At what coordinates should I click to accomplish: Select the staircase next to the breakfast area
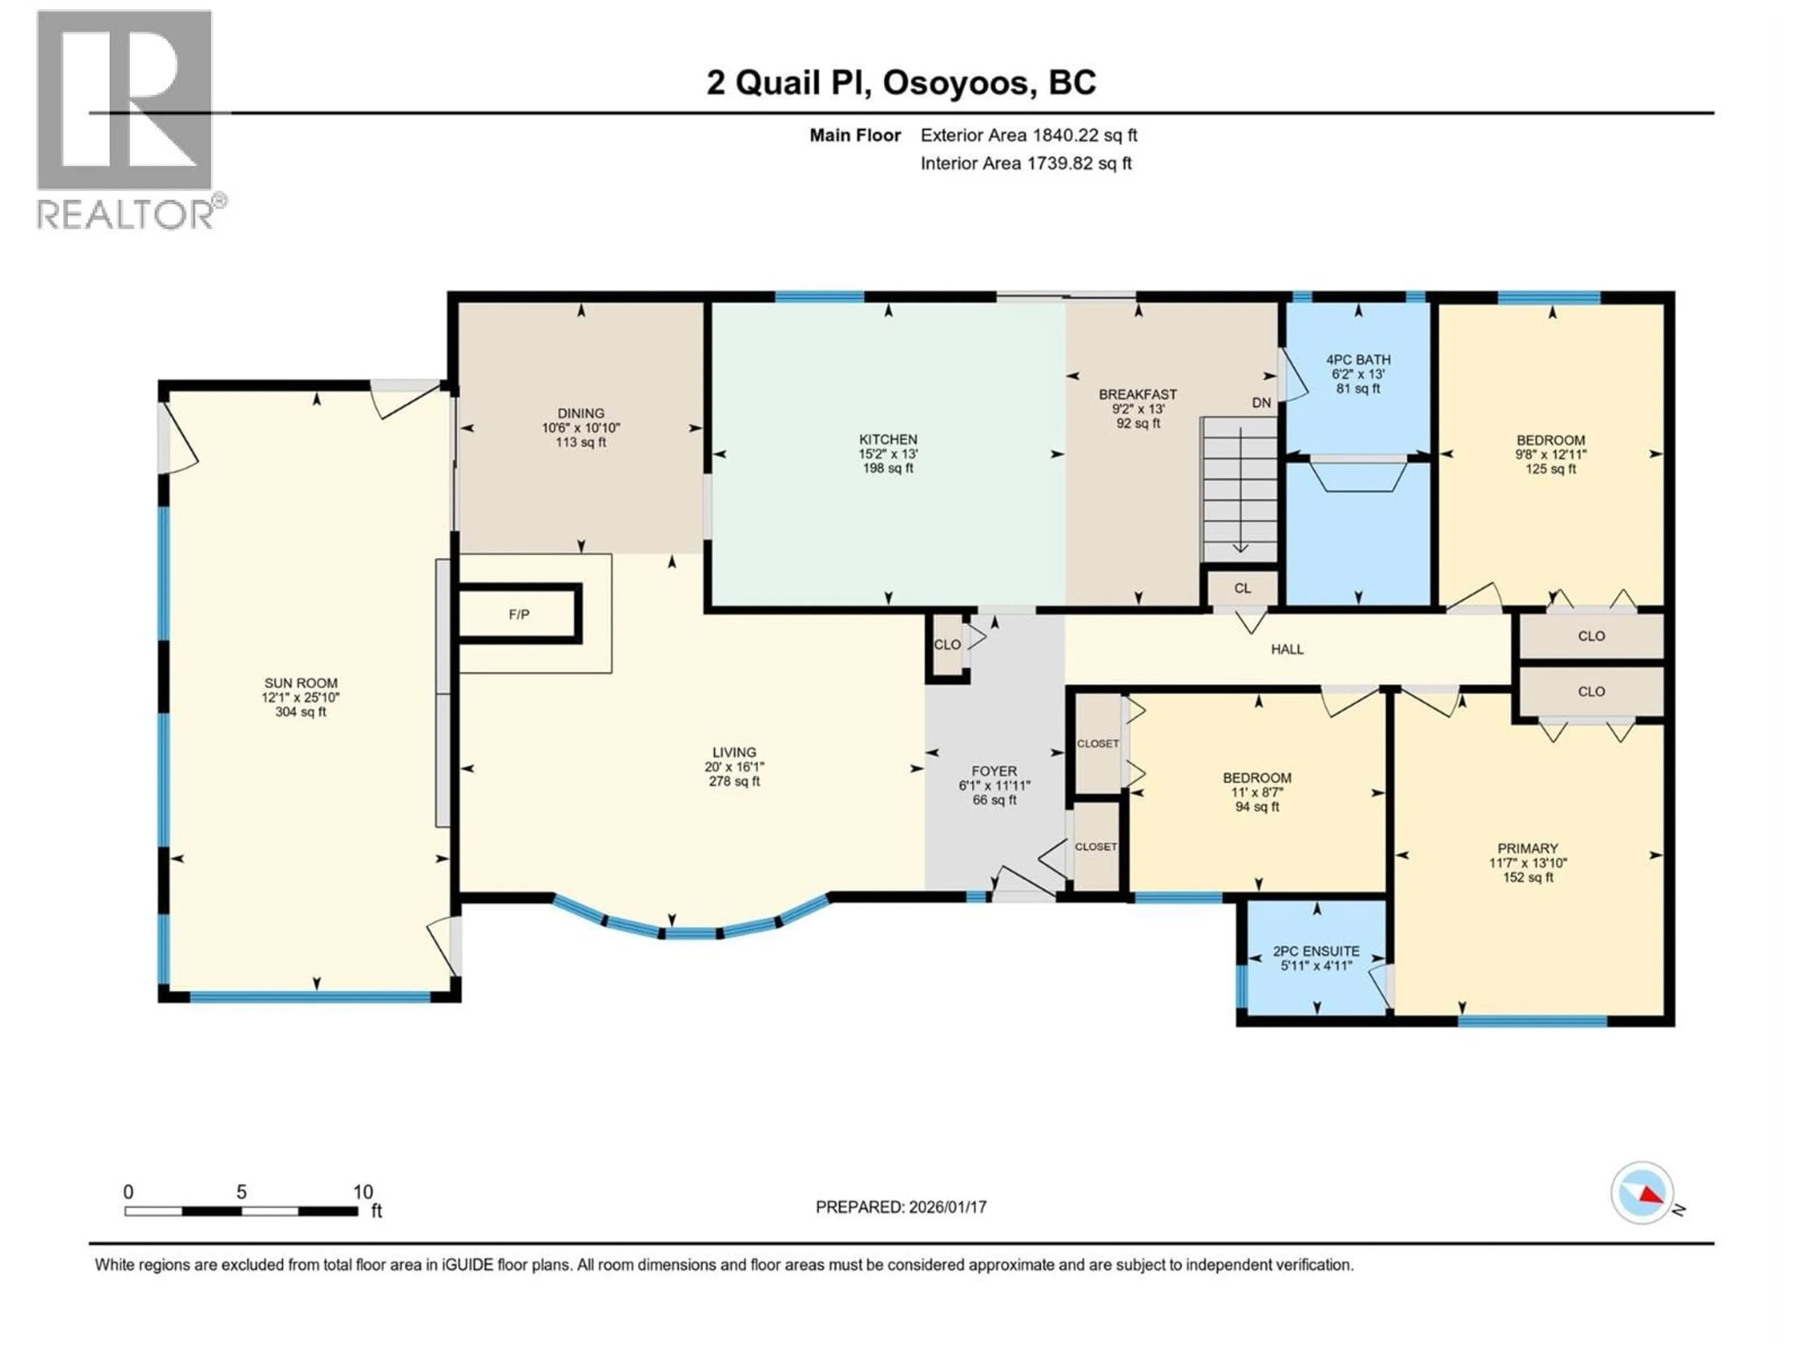point(1240,490)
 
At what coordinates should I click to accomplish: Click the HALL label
point(1287,649)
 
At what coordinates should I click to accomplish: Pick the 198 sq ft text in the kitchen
point(888,468)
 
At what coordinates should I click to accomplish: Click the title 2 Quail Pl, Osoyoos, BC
point(901,82)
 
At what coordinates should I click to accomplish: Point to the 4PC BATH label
point(1358,360)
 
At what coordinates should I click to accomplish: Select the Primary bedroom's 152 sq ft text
point(1528,878)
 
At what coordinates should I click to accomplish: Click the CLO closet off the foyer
point(947,644)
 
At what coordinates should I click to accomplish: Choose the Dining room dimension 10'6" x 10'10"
point(581,428)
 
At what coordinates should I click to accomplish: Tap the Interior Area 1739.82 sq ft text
point(1026,163)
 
